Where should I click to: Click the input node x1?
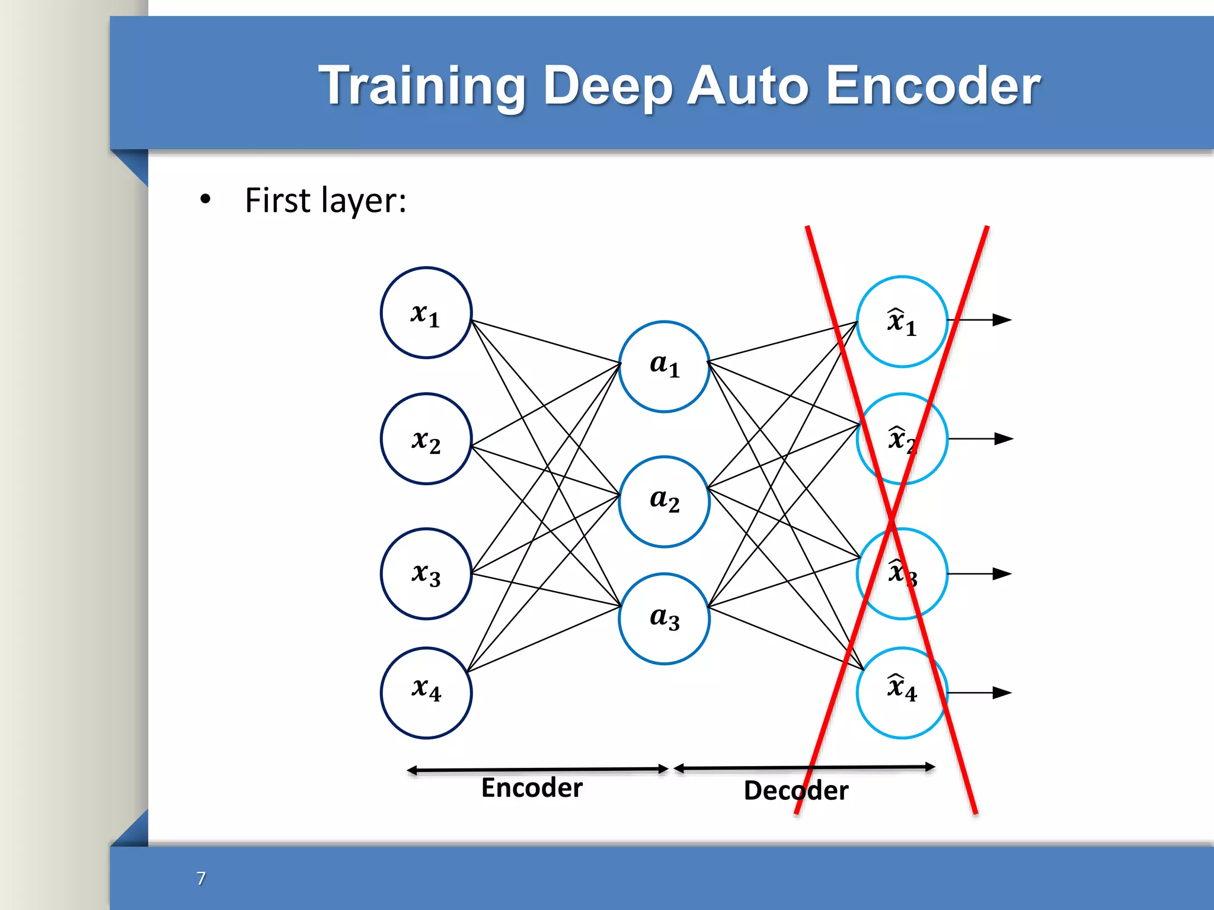(x=426, y=313)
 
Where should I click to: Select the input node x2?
(x=426, y=439)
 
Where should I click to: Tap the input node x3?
(x=426, y=573)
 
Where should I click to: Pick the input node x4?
(x=426, y=693)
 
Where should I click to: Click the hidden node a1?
(x=664, y=367)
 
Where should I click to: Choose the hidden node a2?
(x=664, y=501)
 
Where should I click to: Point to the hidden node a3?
(x=664, y=619)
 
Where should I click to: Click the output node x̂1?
(x=902, y=322)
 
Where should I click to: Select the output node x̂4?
(x=902, y=693)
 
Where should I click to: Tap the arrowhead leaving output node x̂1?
(x=1002, y=320)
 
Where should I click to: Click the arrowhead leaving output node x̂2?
(x=1004, y=439)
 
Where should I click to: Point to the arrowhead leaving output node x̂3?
(x=1002, y=573)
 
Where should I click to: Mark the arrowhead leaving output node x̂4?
(x=1002, y=693)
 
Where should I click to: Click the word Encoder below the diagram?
(x=532, y=788)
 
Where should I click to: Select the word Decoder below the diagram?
(x=796, y=791)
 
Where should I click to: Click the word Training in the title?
(x=422, y=86)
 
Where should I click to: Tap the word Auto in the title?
(x=748, y=85)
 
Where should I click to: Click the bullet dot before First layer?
(x=205, y=200)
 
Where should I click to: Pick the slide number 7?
(x=201, y=878)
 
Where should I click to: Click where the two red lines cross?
(x=892, y=520)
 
